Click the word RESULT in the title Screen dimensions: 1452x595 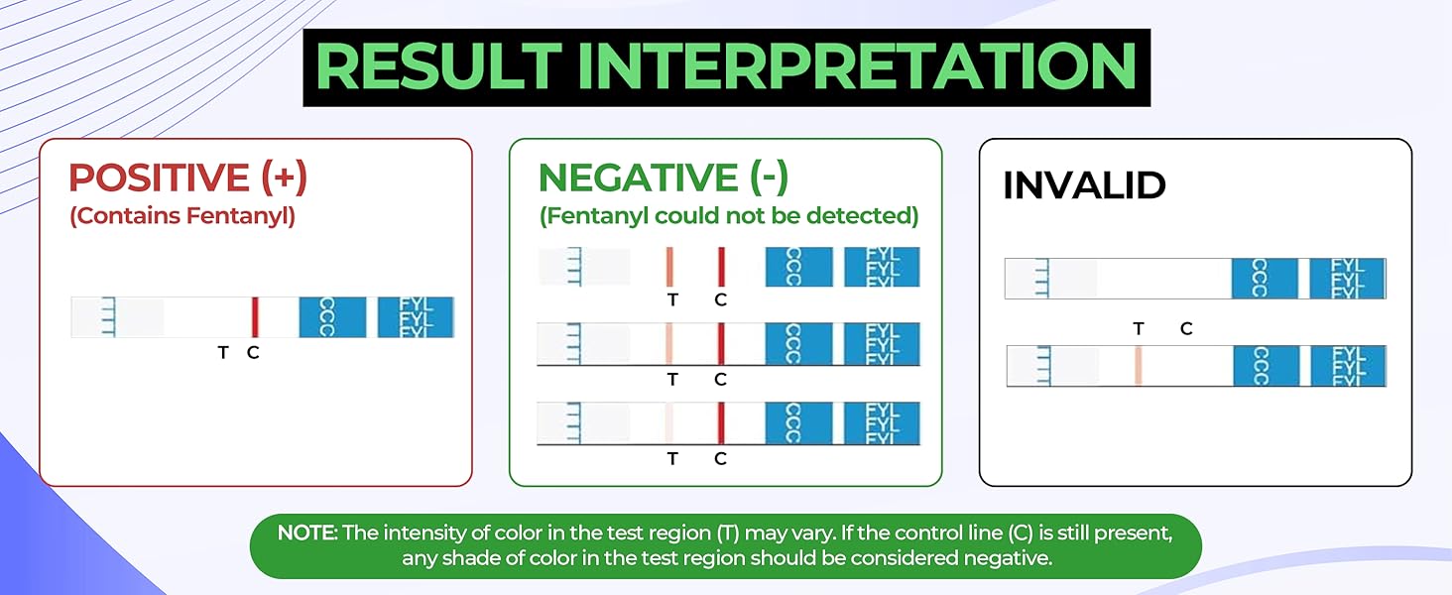(437, 66)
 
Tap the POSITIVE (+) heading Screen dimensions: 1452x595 (187, 178)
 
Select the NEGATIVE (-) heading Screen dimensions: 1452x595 (663, 178)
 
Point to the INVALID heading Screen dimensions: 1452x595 (1084, 185)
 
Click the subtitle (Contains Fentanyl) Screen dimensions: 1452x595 (182, 216)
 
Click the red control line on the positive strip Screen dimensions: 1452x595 (255, 317)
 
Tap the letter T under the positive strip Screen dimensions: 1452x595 (223, 352)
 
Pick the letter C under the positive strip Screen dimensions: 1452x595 (253, 352)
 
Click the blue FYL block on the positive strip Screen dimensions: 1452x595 (416, 317)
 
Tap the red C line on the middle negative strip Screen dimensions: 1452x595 (721, 343)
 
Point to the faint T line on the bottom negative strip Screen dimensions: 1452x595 (670, 422)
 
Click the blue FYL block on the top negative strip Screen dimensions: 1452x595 (882, 267)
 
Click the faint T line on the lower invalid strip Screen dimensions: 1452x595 (1138, 366)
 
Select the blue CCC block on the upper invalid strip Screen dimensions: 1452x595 (1265, 278)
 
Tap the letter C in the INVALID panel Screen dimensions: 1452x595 (1186, 329)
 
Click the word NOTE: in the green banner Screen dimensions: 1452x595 (307, 534)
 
